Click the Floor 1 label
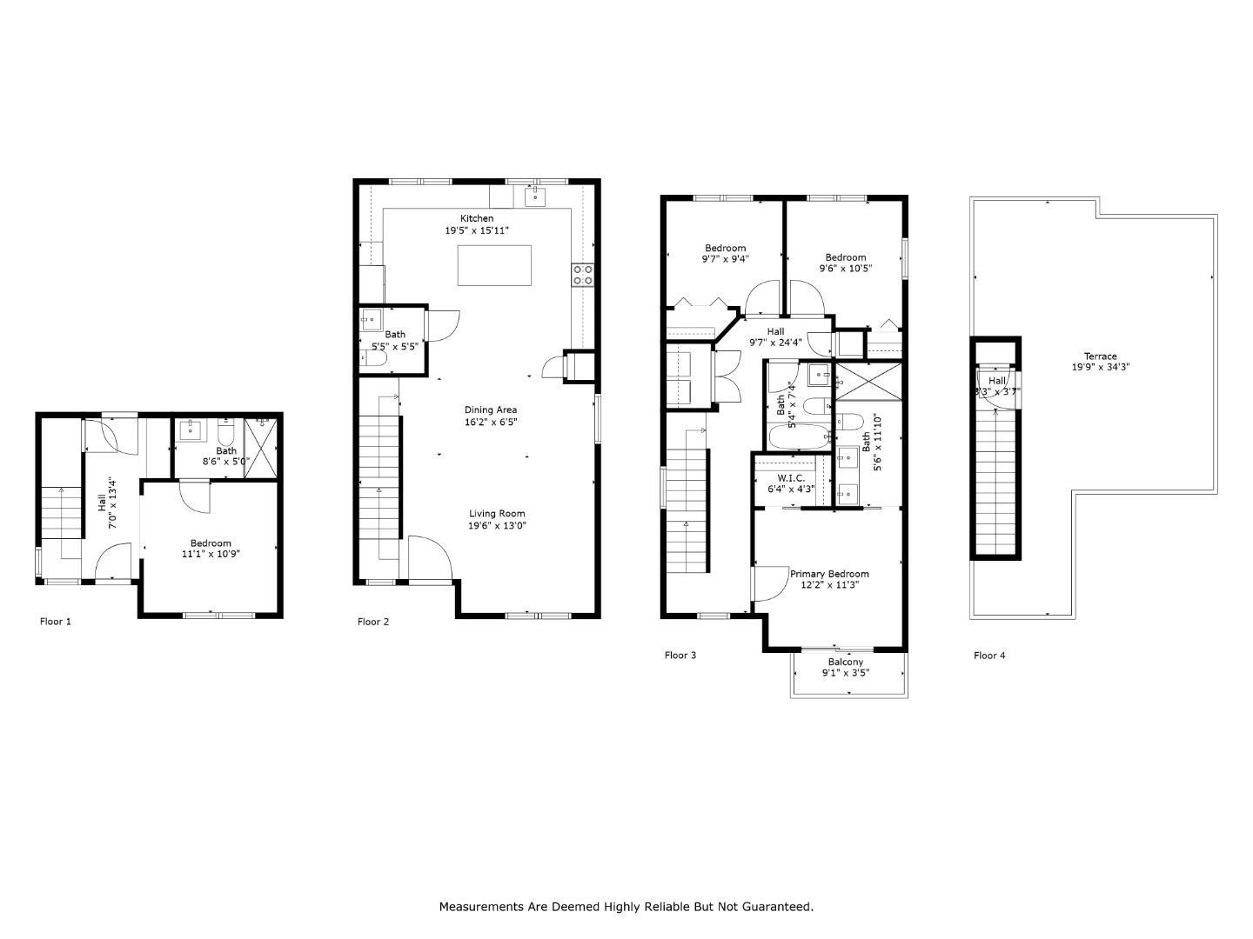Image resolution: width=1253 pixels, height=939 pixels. (x=56, y=622)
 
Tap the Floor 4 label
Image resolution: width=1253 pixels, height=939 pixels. (x=989, y=656)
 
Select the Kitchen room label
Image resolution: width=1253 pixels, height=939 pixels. (x=477, y=218)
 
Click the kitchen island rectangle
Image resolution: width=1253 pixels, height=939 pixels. (x=494, y=265)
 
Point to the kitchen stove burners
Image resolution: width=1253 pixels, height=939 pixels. (x=582, y=275)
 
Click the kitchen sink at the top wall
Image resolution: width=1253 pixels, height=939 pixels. (x=535, y=196)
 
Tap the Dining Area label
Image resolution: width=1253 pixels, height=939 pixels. (x=491, y=410)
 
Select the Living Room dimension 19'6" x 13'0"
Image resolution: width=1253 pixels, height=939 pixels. (x=498, y=525)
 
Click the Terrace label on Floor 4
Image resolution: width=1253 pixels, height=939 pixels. (x=1100, y=356)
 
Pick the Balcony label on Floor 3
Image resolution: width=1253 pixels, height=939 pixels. (x=846, y=662)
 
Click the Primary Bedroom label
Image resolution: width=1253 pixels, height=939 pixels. (x=829, y=574)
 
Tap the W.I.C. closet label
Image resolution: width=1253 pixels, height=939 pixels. (x=791, y=478)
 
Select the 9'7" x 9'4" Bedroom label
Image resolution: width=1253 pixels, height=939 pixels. (x=725, y=258)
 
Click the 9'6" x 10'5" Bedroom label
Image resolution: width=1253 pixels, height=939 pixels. (x=846, y=269)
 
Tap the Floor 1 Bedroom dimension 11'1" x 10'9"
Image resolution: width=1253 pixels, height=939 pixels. (x=211, y=554)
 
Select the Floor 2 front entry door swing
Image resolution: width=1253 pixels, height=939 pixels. (x=429, y=556)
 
